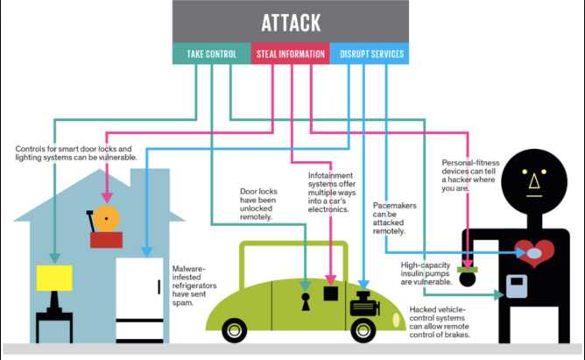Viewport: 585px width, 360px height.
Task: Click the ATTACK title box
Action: tap(290, 22)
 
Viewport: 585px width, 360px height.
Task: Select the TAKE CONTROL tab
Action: tap(211, 54)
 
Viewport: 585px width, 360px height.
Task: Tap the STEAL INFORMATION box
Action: tap(290, 54)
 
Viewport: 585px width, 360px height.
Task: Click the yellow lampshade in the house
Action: tap(54, 279)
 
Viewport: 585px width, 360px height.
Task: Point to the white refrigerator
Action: tap(140, 299)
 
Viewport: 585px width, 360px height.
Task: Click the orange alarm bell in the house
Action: tap(107, 219)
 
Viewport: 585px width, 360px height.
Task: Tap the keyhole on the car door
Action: tap(306, 301)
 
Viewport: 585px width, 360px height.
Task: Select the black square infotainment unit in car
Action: tap(330, 293)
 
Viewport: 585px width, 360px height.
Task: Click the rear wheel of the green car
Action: tap(234, 330)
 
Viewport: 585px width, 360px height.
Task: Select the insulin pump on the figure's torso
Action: tap(517, 286)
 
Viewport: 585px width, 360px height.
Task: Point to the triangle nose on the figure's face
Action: tap(532, 181)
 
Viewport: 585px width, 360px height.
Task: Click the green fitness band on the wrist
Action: tap(469, 268)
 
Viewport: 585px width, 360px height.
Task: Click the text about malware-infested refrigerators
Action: tap(188, 282)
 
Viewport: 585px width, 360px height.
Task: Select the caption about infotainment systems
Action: tap(328, 193)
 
